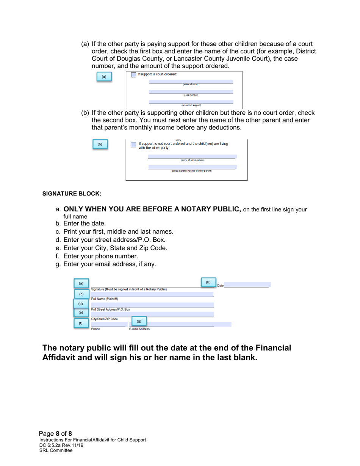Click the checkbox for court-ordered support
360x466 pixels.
click(133, 75)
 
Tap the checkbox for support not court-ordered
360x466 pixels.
click(133, 145)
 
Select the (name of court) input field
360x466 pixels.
click(191, 81)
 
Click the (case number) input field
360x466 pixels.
click(191, 92)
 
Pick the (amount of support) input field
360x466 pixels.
click(191, 102)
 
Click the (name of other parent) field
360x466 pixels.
click(192, 156)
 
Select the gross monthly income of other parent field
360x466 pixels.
click(192, 167)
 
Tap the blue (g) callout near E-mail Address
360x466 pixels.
click(139, 321)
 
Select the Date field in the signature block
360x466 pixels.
click(248, 285)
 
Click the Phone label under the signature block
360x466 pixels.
click(95, 329)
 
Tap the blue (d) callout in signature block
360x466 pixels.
click(80, 304)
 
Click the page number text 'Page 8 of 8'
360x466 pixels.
click(56, 433)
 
